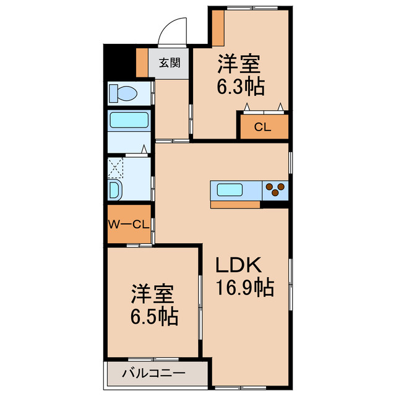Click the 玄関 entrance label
click(170, 62)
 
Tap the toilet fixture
click(123, 93)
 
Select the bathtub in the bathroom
click(129, 120)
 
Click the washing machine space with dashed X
click(116, 168)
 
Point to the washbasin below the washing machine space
click(115, 190)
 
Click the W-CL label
click(129, 224)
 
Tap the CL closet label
click(262, 127)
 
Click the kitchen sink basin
click(230, 189)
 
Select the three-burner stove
click(275, 190)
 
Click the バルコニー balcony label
click(153, 373)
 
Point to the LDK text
click(238, 265)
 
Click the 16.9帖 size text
click(244, 287)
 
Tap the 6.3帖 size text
click(241, 87)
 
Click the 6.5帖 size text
click(154, 316)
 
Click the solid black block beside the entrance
click(119, 62)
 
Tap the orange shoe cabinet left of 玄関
click(142, 62)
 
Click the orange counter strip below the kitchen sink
click(235, 205)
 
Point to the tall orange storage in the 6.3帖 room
click(218, 28)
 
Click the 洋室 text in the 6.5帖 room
click(152, 294)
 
